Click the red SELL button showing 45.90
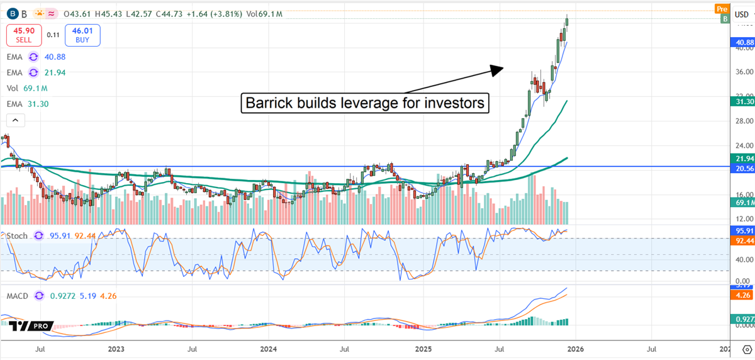(x=25, y=35)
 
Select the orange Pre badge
(x=722, y=8)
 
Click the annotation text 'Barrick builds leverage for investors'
(x=366, y=103)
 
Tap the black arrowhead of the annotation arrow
(x=498, y=69)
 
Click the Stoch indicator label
(x=18, y=235)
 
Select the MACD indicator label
(x=18, y=295)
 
